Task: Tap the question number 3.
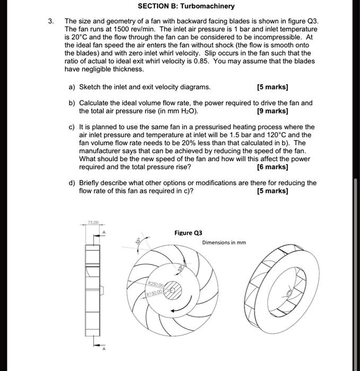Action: [51, 22]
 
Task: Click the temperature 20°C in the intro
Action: [79, 38]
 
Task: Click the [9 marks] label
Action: [272, 111]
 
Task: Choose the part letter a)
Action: [73, 87]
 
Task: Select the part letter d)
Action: [73, 183]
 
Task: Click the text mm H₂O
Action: [186, 111]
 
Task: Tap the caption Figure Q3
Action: [188, 233]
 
